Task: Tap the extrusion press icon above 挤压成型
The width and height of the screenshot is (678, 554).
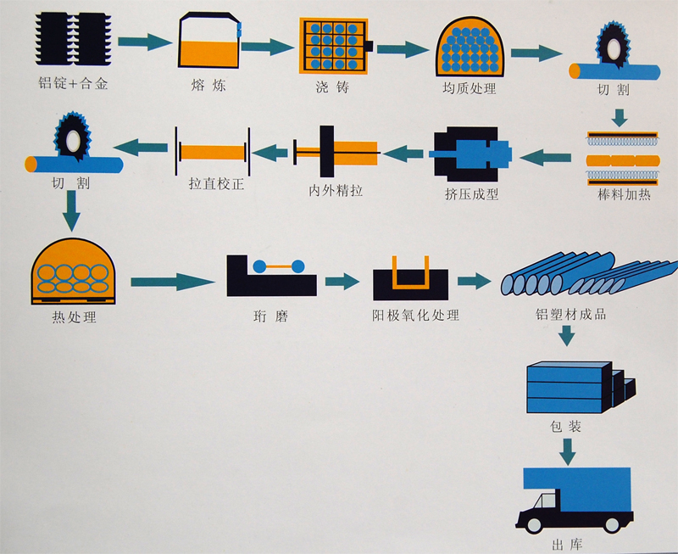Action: (x=471, y=154)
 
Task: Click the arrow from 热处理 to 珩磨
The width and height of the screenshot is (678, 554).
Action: (x=175, y=277)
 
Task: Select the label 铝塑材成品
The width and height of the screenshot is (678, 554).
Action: (x=570, y=315)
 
